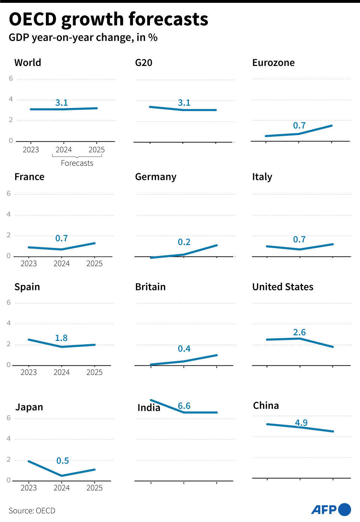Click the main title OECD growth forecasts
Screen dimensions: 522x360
pyautogui.click(x=108, y=19)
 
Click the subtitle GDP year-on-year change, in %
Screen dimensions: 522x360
pyautogui.click(x=83, y=38)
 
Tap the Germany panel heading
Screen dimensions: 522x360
pyautogui.click(x=156, y=177)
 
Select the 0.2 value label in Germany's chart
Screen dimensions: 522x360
pyautogui.click(x=184, y=242)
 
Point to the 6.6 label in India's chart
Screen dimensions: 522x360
pyautogui.click(x=184, y=406)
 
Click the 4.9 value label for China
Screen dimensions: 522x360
pyautogui.click(x=301, y=423)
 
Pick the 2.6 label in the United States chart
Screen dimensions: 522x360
pyautogui.click(x=299, y=332)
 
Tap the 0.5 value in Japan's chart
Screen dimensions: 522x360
pyautogui.click(x=62, y=461)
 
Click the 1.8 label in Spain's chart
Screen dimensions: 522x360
pyautogui.click(x=61, y=338)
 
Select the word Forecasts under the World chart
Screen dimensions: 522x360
pyautogui.click(x=77, y=163)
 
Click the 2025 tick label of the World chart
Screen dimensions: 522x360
pyautogui.click(x=96, y=150)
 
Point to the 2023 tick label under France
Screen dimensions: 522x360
pyautogui.click(x=29, y=263)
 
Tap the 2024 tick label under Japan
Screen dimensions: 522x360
pyautogui.click(x=61, y=488)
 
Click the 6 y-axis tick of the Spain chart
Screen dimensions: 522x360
pyautogui.click(x=9, y=302)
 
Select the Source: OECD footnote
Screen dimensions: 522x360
pyautogui.click(x=32, y=510)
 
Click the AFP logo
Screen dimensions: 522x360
pyautogui.click(x=331, y=510)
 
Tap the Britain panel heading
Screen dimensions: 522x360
pyautogui.click(x=150, y=287)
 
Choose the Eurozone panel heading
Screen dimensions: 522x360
pyautogui.click(x=273, y=63)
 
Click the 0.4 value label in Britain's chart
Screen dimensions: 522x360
pyautogui.click(x=184, y=349)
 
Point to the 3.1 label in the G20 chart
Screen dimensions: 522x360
pyautogui.click(x=184, y=103)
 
